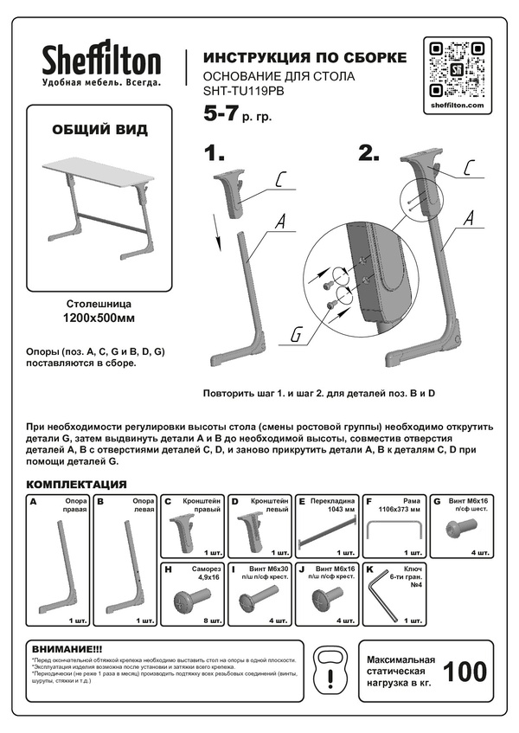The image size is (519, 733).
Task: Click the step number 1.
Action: (214, 154)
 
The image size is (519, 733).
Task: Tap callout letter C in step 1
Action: (281, 180)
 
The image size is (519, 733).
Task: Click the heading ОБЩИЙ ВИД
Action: (100, 130)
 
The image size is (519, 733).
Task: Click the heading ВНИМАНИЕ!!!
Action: (67, 649)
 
